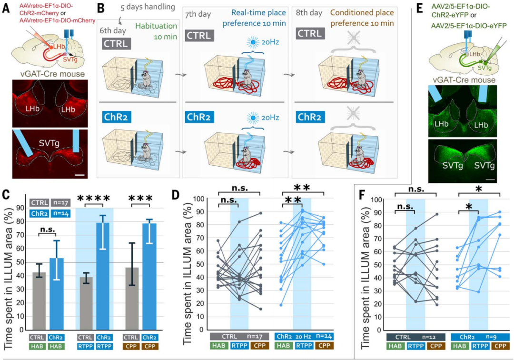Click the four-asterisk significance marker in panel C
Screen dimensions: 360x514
tap(94, 198)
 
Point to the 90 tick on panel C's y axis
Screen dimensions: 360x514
tap(20, 208)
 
